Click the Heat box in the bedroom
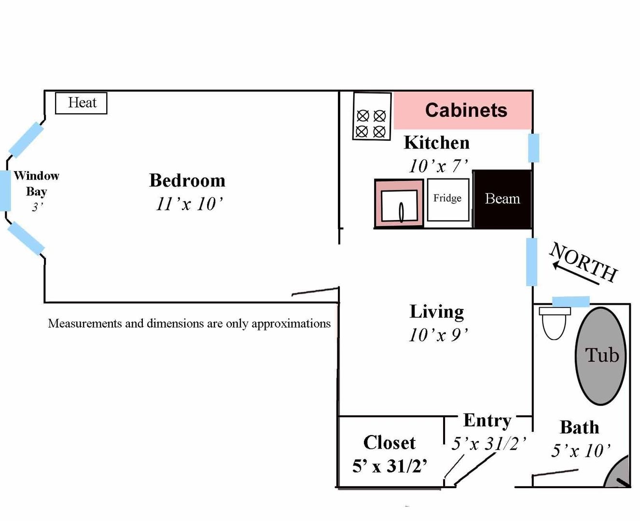81,103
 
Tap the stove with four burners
371,116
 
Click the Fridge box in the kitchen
448,199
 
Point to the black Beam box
502,199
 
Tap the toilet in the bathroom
554,322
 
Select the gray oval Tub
601,356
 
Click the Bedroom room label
187,180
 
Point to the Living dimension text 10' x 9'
438,335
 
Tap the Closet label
389,442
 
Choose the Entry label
487,420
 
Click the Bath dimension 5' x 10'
581,451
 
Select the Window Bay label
36,183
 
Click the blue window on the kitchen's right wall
533,148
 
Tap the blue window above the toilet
570,302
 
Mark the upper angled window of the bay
26,140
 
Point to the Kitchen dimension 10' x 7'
438,166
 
